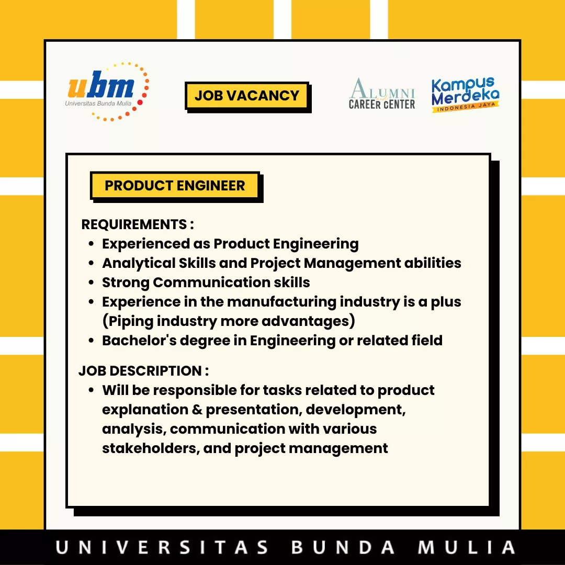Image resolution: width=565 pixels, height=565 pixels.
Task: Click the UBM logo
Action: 107,92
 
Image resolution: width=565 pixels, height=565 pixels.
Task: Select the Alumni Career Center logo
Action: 381,94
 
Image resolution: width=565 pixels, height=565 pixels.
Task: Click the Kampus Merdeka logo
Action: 465,94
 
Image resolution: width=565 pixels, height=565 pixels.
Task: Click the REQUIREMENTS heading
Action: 138,224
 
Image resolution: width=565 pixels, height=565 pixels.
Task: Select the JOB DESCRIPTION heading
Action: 143,371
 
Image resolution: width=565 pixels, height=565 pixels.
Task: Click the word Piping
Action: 131,321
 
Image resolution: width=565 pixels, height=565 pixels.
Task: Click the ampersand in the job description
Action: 197,410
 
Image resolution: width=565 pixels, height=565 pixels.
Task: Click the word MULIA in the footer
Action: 466,547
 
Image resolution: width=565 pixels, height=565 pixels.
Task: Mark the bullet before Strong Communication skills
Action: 91,283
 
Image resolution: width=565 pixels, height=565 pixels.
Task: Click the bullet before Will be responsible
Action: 91,391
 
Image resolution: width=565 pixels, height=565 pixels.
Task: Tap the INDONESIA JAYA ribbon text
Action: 466,107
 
